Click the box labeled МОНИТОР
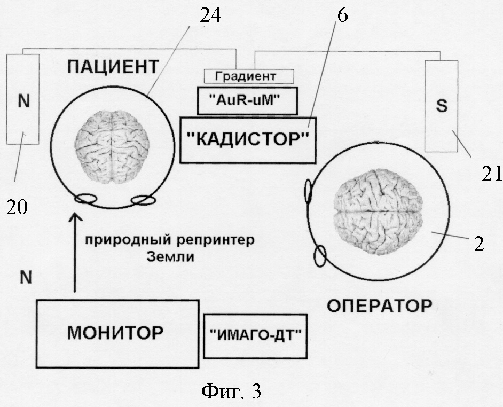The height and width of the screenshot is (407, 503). [115, 334]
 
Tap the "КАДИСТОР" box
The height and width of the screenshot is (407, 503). [248, 139]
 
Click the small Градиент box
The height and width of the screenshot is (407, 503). [249, 76]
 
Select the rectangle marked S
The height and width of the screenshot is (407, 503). [441, 106]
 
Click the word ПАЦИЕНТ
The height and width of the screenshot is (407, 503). [113, 67]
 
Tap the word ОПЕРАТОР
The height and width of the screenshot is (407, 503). [379, 307]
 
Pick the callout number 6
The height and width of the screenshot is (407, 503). [342, 15]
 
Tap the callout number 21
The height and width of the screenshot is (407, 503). [490, 173]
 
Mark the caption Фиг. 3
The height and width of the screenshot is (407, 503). [231, 392]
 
